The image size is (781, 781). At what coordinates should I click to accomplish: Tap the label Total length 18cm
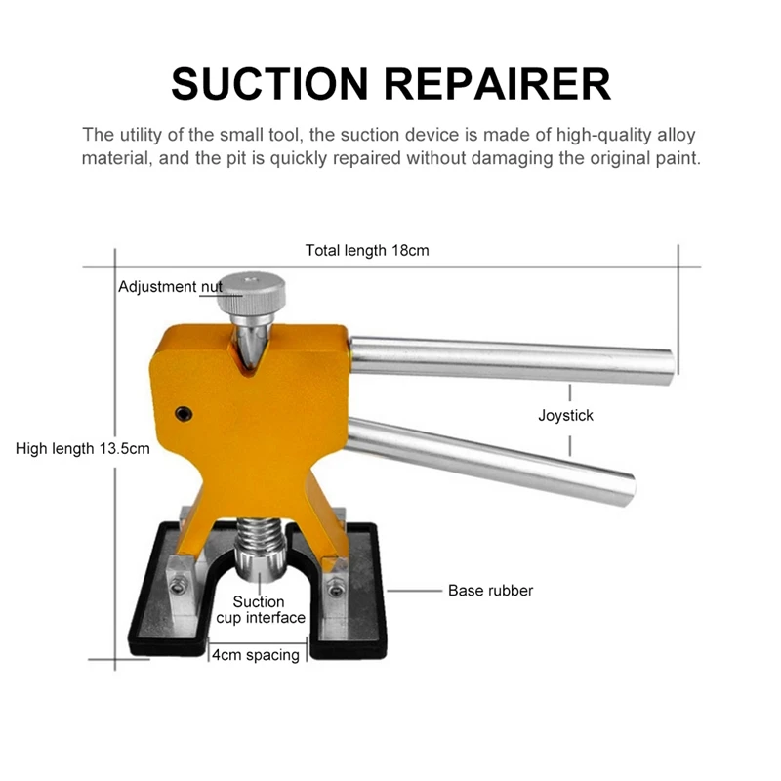tap(367, 250)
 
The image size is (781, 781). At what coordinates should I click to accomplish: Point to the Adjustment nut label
tap(170, 287)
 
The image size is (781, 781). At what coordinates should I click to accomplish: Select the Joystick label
tap(565, 415)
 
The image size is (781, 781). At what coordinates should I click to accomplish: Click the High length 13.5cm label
tap(83, 449)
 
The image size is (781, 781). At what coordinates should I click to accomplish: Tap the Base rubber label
tap(490, 591)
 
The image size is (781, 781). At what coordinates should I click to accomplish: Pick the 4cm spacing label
tap(256, 655)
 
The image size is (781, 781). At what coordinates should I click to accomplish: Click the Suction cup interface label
tap(260, 609)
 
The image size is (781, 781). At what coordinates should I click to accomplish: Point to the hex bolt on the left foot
tap(180, 586)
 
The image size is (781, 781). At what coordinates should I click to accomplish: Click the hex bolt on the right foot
tap(336, 590)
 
